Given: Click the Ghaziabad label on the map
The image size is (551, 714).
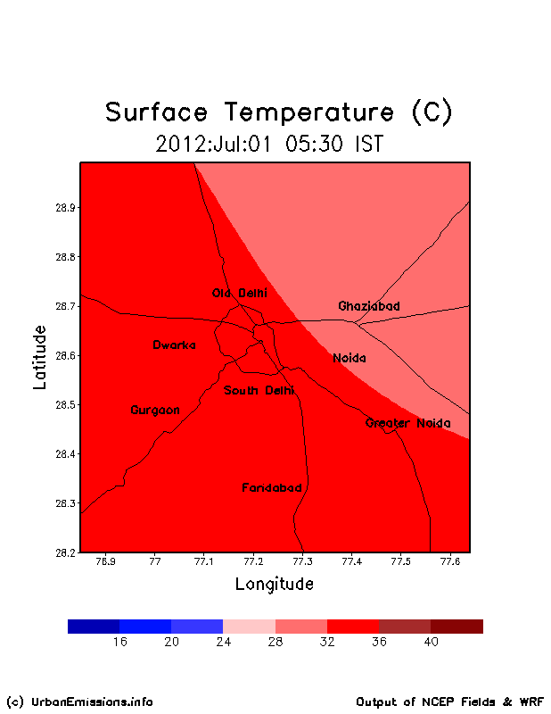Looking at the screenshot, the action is (369, 306).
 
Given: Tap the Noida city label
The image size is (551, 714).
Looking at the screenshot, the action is (350, 359).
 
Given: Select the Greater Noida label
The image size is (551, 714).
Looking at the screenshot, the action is (408, 423).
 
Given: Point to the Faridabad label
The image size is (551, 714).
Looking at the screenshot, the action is (272, 487).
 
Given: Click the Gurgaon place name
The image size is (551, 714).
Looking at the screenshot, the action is (155, 411).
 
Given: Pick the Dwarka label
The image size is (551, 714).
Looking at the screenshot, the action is (174, 345).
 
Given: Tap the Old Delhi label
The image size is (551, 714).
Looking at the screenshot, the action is (240, 293).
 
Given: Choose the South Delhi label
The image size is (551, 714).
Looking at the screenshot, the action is (259, 390).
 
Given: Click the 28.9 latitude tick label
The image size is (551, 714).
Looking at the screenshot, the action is (65, 208).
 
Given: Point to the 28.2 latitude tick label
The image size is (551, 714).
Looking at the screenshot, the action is (65, 552).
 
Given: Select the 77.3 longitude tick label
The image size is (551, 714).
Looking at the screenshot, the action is (302, 561).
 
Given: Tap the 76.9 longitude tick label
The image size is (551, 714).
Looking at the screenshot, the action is (105, 561).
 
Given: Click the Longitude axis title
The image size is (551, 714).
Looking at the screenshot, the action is (275, 585).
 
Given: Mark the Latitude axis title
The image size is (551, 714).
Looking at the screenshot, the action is (40, 358).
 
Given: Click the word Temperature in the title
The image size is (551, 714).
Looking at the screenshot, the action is (309, 112).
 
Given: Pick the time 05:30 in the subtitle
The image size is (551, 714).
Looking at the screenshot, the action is (314, 144).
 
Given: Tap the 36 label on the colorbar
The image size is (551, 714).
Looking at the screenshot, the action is (379, 642).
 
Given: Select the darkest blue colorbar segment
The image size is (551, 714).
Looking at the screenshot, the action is (94, 627).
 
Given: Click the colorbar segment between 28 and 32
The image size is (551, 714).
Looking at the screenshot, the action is (301, 627).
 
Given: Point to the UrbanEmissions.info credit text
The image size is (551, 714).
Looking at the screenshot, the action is (80, 702).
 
